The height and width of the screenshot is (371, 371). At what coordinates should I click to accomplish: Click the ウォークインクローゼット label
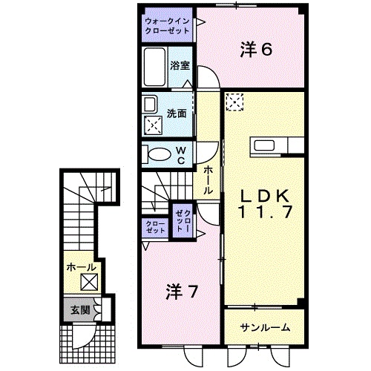pos(167,26)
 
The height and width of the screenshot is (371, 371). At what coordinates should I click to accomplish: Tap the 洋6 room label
pos(256,50)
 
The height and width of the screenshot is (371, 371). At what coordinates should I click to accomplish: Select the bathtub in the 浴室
pos(154,67)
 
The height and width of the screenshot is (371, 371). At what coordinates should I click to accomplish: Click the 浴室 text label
pos(180,65)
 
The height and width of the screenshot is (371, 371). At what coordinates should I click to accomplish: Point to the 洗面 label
pos(177,114)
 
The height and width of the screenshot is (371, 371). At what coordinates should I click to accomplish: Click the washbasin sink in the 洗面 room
pos(151,105)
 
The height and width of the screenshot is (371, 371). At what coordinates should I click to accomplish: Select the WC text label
pos(181,155)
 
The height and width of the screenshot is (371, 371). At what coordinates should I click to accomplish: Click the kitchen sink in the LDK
pos(264,145)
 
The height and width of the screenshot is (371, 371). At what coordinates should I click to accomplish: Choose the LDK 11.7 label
pos(265,204)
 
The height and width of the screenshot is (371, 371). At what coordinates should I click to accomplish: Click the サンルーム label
pos(265,328)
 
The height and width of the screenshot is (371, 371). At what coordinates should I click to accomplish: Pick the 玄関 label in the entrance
pos(80,309)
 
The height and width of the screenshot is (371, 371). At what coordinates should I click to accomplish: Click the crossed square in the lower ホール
pos(89,282)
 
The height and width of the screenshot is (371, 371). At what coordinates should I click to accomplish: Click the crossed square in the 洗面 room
pos(154,125)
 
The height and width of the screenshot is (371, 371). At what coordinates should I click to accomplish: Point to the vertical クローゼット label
pos(183,221)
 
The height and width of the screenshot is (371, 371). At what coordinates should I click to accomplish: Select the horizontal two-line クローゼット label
pos(155,227)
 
